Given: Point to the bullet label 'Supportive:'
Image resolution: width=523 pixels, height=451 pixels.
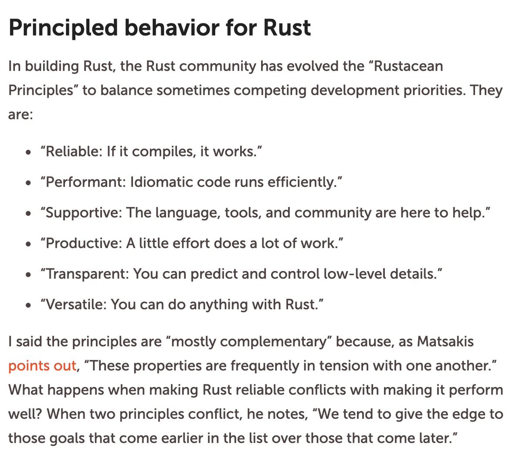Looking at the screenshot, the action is click(84, 213).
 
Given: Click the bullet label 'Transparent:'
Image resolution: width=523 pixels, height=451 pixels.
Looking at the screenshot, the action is click(87, 274).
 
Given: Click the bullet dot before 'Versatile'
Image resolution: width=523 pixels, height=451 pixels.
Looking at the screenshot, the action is click(28, 305).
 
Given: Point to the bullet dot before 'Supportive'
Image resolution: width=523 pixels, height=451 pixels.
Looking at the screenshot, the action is click(28, 214).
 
